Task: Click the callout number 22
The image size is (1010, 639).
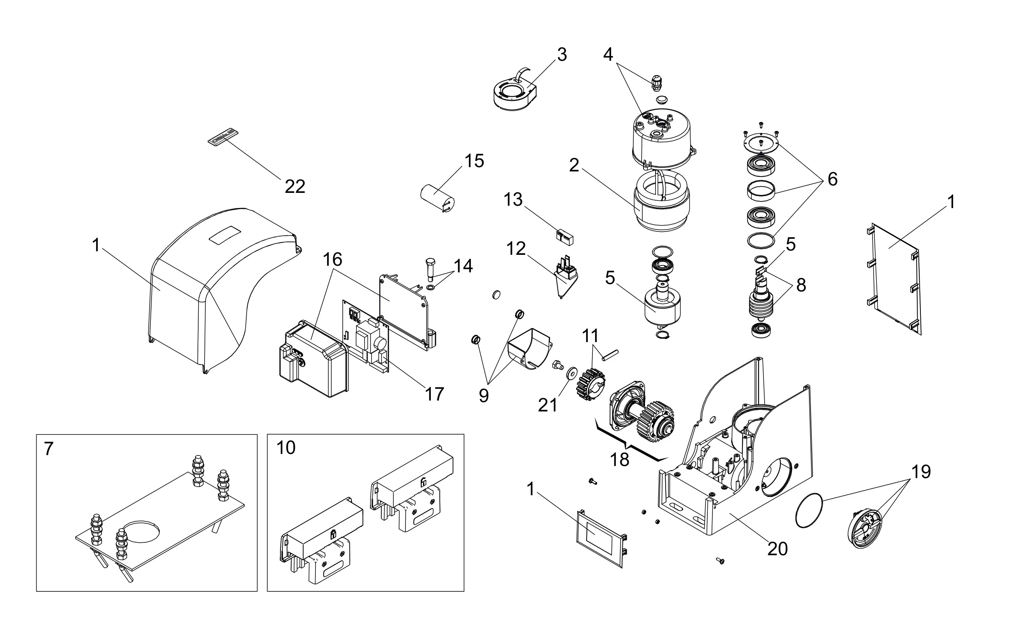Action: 295,186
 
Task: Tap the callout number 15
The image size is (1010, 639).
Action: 474,161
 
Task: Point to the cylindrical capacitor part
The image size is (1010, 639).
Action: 437,196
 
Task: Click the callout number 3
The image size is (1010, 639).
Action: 562,55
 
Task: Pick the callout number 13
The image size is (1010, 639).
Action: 513,200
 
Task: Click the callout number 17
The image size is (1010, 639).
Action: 435,394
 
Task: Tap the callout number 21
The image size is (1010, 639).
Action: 548,405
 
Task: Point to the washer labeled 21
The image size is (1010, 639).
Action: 571,373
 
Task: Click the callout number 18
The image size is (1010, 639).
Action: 619,460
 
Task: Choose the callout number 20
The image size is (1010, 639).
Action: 777,549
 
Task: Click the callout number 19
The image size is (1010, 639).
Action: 921,472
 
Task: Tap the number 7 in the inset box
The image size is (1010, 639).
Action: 49,449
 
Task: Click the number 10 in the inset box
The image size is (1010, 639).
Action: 286,448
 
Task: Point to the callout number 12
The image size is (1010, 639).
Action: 516,249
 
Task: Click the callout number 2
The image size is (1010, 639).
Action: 574,165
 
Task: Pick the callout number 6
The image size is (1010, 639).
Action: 833,179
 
